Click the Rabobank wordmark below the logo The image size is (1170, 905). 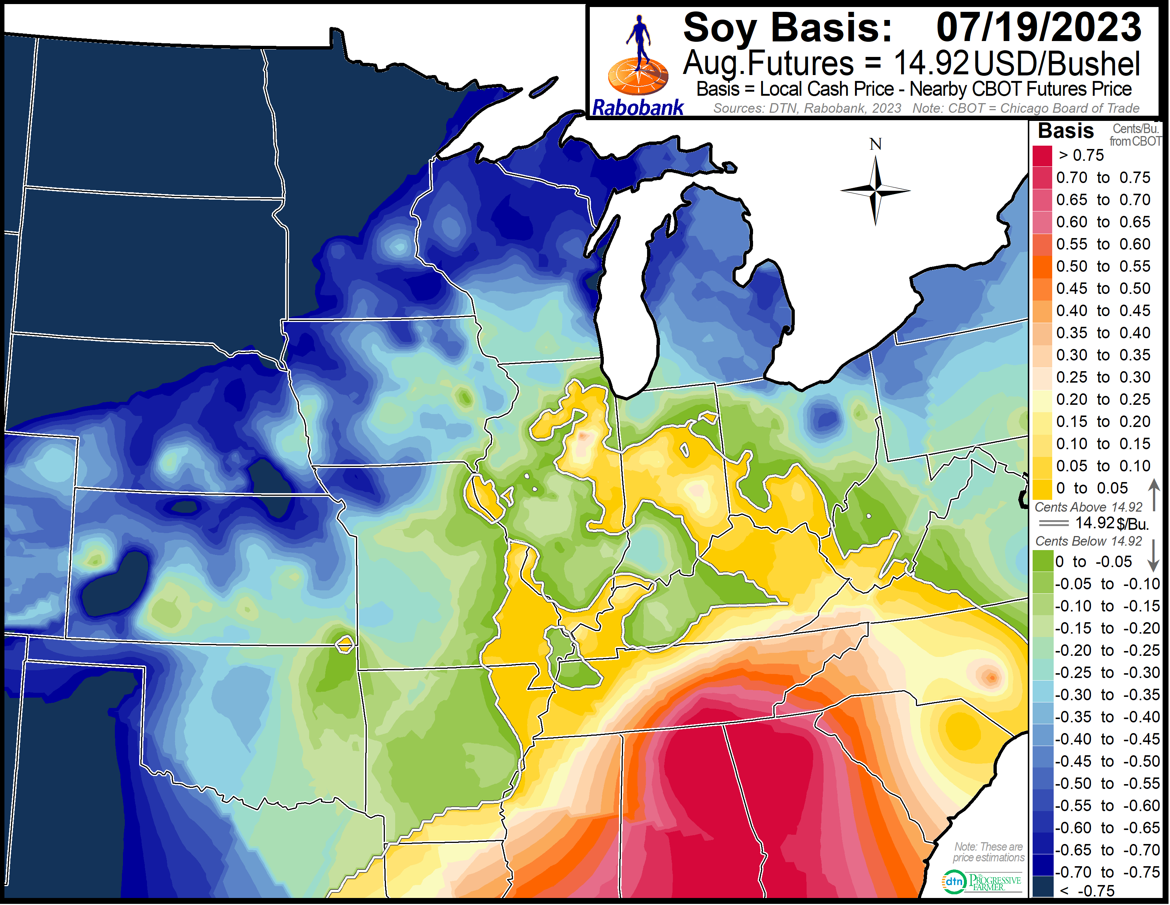click(x=637, y=108)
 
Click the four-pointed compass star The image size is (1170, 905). click(x=875, y=190)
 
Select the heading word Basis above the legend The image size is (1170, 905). click(x=1065, y=131)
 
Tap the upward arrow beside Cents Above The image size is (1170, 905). click(x=1154, y=494)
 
